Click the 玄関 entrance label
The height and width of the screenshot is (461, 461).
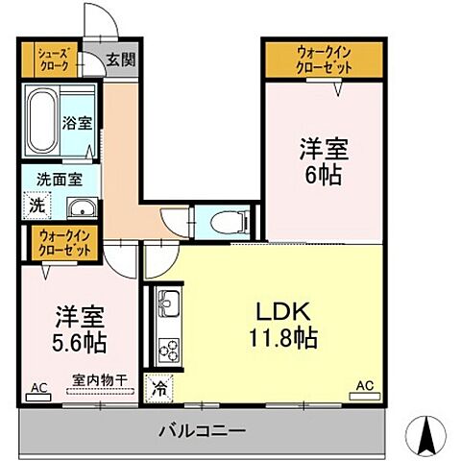[x=121, y=60]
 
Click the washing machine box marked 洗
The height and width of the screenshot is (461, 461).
[x=36, y=205]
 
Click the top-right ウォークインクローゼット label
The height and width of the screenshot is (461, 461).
[x=324, y=60]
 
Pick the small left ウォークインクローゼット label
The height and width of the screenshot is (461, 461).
[x=64, y=243]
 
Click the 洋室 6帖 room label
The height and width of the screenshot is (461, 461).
[x=323, y=162]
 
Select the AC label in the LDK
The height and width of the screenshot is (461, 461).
[x=365, y=386]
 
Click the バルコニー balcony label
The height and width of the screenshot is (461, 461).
[x=202, y=430]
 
